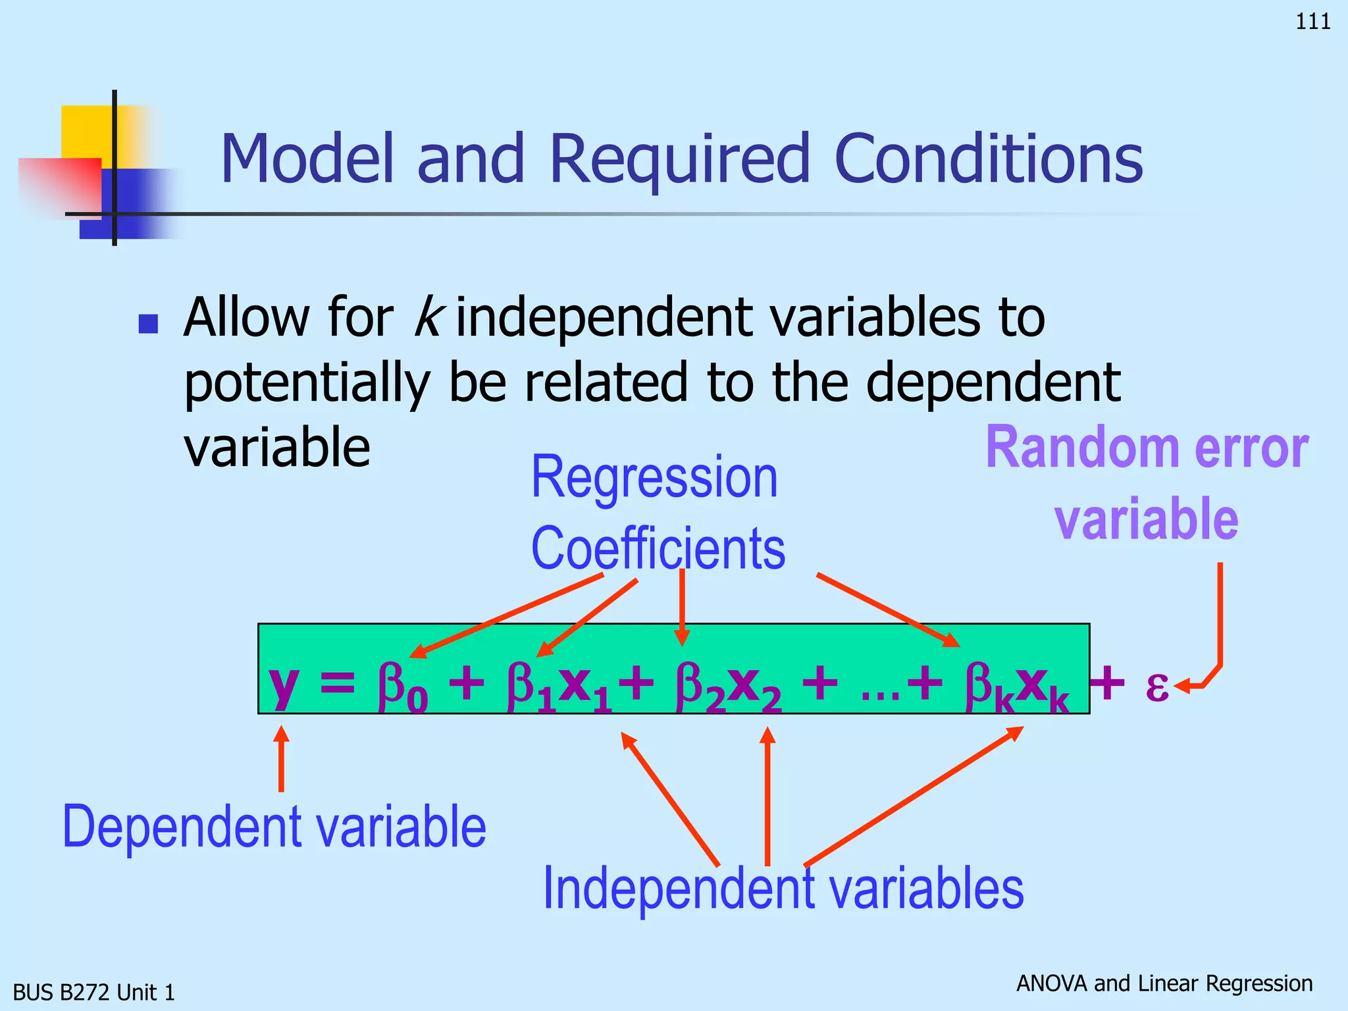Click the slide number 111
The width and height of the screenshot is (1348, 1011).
(x=1312, y=22)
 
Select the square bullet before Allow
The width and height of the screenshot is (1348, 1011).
(x=148, y=323)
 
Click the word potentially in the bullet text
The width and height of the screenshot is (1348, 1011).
(x=307, y=384)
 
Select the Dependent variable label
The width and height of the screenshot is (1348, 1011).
(x=274, y=827)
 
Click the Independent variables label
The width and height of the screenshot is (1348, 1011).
(x=783, y=889)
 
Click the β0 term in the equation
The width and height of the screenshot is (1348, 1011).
(x=402, y=687)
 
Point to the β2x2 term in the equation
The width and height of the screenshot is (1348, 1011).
(x=728, y=687)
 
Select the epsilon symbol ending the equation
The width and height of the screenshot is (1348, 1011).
(x=1156, y=686)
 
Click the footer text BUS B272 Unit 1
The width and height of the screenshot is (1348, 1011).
(x=94, y=992)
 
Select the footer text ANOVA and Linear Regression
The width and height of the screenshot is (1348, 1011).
(x=1164, y=983)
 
